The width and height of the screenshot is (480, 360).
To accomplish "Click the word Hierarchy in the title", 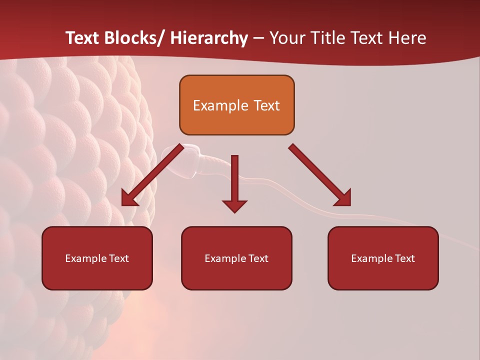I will (209, 38).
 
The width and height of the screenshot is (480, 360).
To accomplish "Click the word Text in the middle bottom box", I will (257, 258).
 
